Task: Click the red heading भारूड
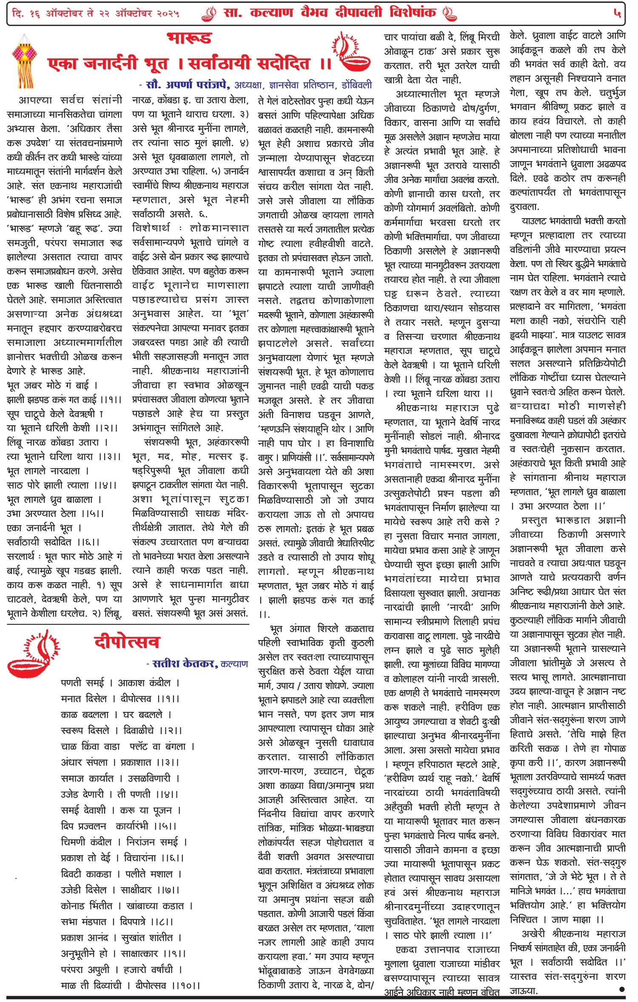click(x=189, y=38)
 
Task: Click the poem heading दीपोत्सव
click(x=127, y=642)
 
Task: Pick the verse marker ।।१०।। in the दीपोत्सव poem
click(x=185, y=985)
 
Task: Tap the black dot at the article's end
click(x=622, y=989)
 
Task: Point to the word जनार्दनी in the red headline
click(x=111, y=64)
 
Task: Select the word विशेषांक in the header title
click(x=412, y=13)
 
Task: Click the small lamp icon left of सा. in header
click(x=209, y=14)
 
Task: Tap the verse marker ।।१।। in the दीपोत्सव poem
click(x=168, y=699)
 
